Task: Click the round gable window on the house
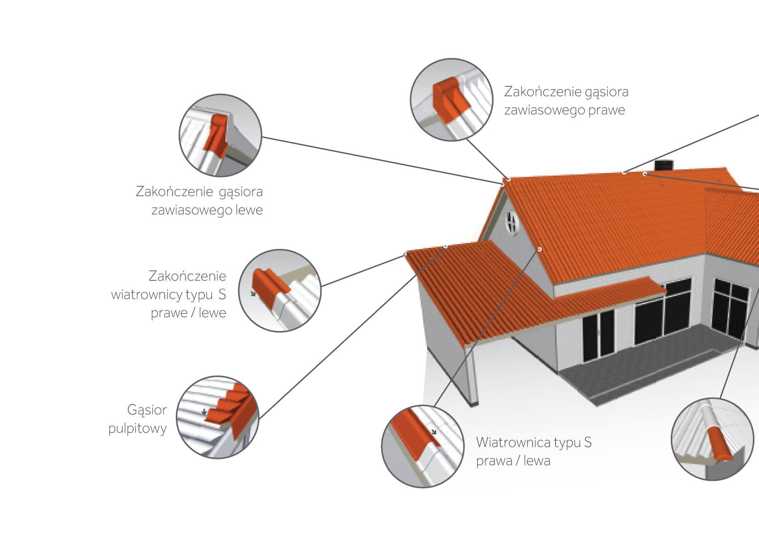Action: pyautogui.click(x=511, y=223)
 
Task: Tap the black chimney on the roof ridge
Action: pyautogui.click(x=663, y=165)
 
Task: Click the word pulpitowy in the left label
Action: pyautogui.click(x=137, y=428)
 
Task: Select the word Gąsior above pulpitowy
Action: pyautogui.click(x=146, y=409)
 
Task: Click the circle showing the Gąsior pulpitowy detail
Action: pyautogui.click(x=218, y=417)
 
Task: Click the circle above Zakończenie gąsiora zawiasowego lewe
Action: pyautogui.click(x=220, y=135)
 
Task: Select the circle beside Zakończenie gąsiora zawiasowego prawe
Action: pyautogui.click(x=451, y=100)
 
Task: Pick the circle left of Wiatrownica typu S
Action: pyautogui.click(x=423, y=446)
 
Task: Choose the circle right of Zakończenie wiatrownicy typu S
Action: pyautogui.click(x=280, y=291)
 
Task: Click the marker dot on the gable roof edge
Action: pyautogui.click(x=540, y=249)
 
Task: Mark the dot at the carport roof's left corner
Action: pyautogui.click(x=405, y=254)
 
